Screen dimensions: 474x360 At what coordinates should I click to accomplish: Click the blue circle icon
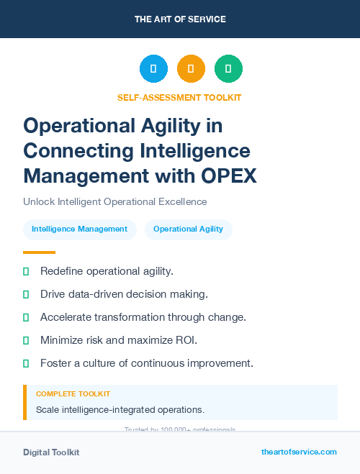click(x=153, y=69)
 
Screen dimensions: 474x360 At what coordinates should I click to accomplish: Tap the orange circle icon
click(x=191, y=69)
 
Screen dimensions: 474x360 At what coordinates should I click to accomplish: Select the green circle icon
click(x=228, y=69)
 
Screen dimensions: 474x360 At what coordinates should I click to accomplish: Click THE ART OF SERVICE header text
click(x=180, y=19)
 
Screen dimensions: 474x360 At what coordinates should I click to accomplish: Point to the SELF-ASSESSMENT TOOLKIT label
click(x=179, y=97)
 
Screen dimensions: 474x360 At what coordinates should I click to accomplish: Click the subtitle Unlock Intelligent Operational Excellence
click(x=115, y=201)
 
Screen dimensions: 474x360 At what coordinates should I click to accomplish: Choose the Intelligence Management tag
click(x=79, y=229)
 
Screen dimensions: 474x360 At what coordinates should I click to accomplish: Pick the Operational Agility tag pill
click(x=188, y=229)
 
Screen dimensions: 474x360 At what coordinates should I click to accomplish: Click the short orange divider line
click(x=39, y=252)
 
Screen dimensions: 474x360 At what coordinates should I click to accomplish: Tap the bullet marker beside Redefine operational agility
click(x=26, y=271)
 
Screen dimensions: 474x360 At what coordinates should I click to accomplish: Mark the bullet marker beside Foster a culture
click(x=26, y=363)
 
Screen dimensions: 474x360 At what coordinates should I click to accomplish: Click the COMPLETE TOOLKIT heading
click(x=73, y=394)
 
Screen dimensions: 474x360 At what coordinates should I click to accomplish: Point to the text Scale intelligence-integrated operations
click(x=120, y=410)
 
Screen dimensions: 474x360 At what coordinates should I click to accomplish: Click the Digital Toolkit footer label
click(x=51, y=452)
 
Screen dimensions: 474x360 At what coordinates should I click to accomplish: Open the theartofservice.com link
click(x=299, y=452)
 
